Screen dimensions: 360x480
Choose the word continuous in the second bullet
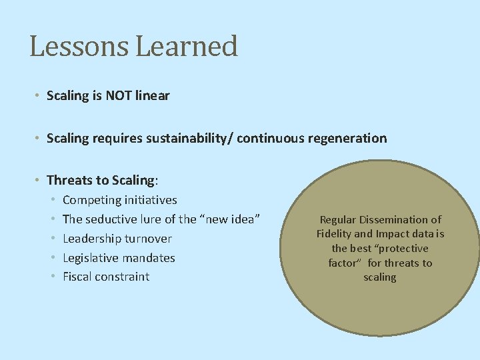268,139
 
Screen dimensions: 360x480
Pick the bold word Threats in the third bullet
69,181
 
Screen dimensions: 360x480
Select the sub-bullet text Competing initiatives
119,200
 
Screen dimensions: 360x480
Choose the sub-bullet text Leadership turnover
117,239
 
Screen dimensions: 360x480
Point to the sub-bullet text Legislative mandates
119,258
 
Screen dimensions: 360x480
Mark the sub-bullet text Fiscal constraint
106,277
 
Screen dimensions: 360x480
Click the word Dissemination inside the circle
397,219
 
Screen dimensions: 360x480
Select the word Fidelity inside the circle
336,234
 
